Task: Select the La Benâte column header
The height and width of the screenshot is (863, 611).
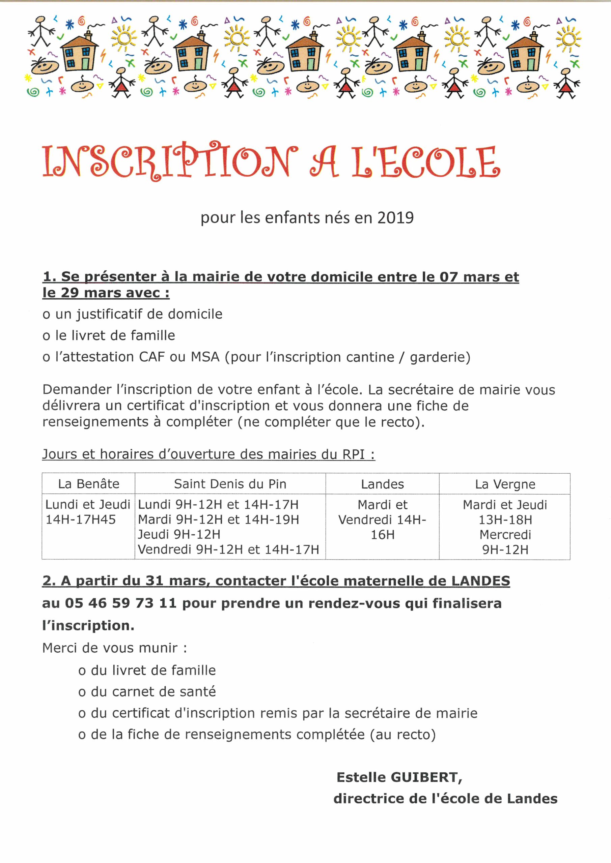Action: [x=88, y=484]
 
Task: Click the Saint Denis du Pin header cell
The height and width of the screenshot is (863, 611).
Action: [x=230, y=484]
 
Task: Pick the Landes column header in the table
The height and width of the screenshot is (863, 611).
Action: [x=382, y=484]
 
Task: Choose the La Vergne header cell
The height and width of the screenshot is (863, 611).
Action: [x=505, y=484]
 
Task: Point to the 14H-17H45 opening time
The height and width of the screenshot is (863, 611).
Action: [x=81, y=519]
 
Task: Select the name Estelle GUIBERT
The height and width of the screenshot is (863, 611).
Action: [x=399, y=777]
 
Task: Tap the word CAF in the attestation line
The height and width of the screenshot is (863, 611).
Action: [x=152, y=357]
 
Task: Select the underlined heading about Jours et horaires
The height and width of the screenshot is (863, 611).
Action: [x=209, y=454]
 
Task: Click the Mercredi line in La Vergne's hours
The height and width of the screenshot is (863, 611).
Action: [x=505, y=535]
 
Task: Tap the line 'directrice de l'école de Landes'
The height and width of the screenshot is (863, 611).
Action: [x=445, y=799]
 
